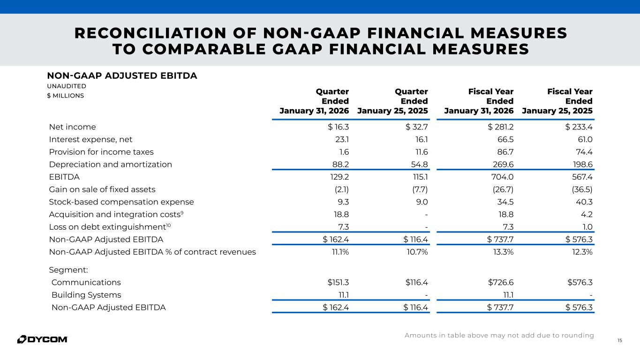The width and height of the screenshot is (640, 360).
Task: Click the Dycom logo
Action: pos(42,339)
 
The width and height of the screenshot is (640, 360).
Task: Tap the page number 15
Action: pos(620,340)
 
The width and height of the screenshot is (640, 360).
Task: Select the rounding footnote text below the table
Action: pos(499,335)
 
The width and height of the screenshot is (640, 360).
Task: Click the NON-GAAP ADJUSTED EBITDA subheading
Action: pos(122,75)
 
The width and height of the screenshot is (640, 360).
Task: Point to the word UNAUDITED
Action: pos(67,86)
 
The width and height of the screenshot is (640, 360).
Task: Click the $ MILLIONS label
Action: pos(65,96)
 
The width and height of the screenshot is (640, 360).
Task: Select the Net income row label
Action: pos(72,127)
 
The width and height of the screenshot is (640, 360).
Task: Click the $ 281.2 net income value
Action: pos(501,127)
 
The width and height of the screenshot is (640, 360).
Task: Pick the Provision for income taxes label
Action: pos(101,152)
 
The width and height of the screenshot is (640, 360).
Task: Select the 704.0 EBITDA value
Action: pos(503,177)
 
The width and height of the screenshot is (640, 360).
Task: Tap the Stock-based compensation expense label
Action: pos(121,202)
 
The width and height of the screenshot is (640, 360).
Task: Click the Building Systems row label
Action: pos(86,295)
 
